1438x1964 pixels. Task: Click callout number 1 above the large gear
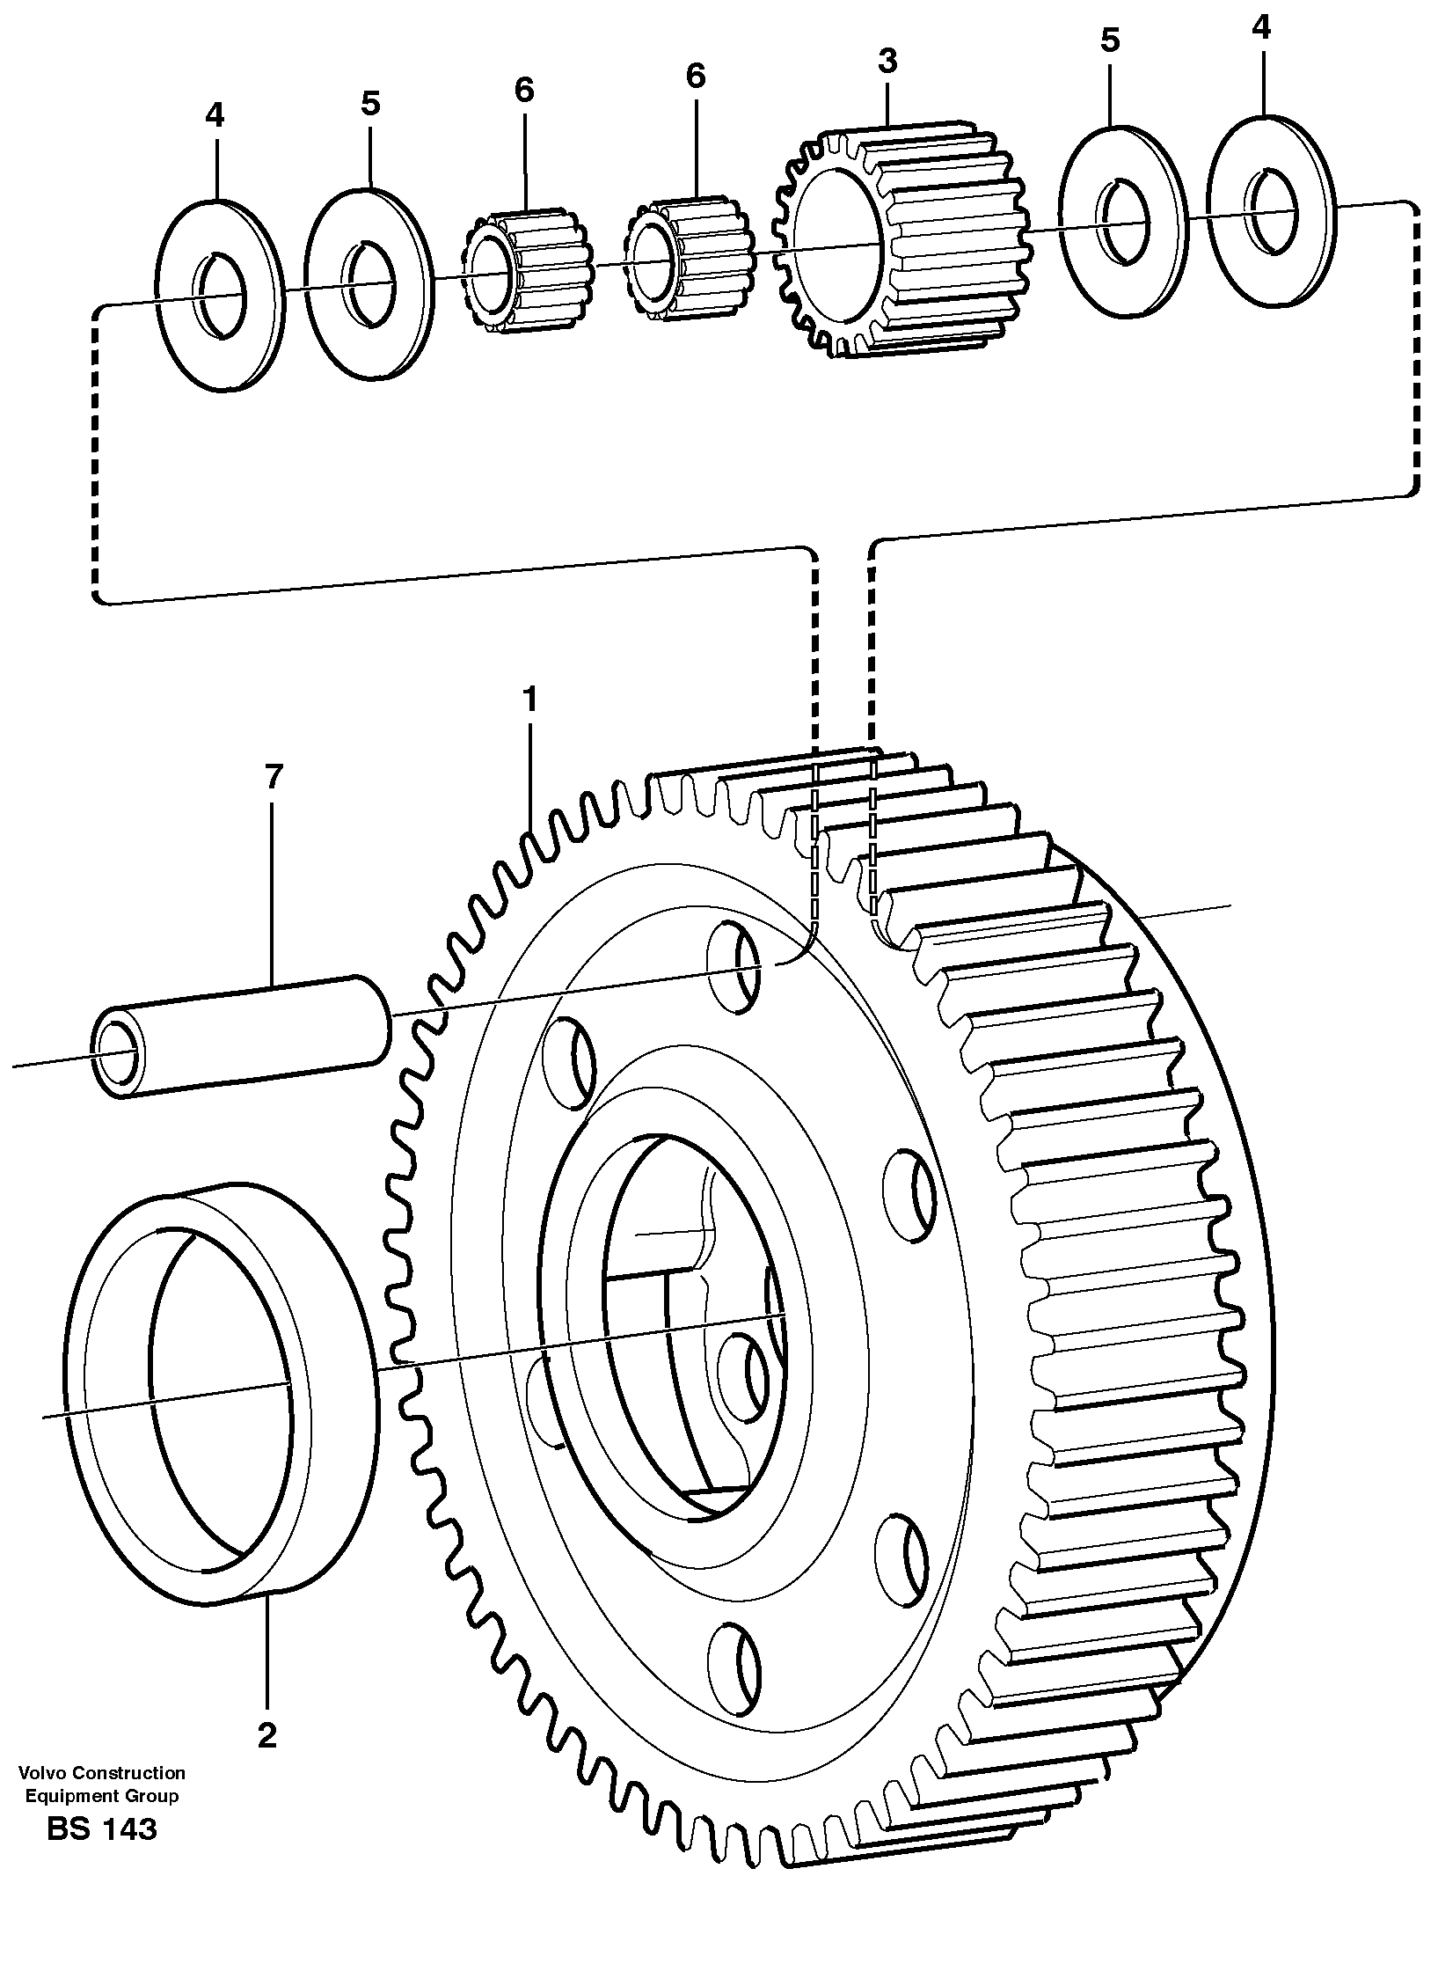pyautogui.click(x=529, y=700)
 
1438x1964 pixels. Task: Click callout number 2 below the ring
pyautogui.click(x=266, y=1734)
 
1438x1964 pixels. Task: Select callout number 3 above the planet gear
pyautogui.click(x=887, y=62)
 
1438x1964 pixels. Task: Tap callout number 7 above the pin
pyautogui.click(x=273, y=777)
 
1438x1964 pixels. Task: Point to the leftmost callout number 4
pyautogui.click(x=215, y=114)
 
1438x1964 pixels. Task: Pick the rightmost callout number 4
pyautogui.click(x=1260, y=28)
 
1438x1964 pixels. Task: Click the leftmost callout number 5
pyautogui.click(x=369, y=103)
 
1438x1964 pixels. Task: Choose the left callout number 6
pyautogui.click(x=524, y=89)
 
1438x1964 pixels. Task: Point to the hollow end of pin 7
pyautogui.click(x=115, y=1053)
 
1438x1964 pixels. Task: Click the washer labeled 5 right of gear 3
pyautogui.click(x=1120, y=220)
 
